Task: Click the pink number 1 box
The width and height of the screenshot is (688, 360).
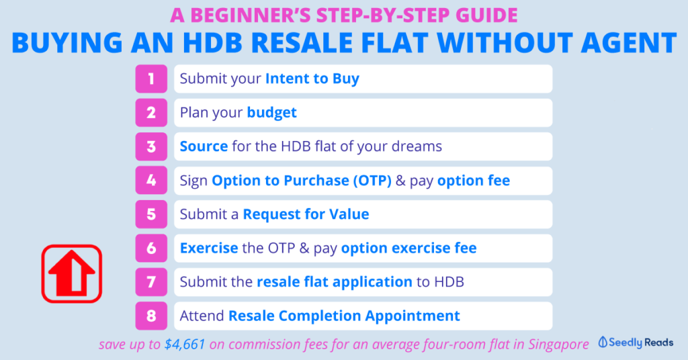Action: [x=151, y=79]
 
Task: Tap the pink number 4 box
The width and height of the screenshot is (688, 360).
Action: [x=151, y=180]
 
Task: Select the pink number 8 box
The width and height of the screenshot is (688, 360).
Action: [x=151, y=316]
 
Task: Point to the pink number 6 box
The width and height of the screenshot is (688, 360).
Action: [x=151, y=249]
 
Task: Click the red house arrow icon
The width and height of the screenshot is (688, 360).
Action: [x=72, y=273]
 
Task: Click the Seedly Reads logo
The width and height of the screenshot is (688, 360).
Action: [x=636, y=343]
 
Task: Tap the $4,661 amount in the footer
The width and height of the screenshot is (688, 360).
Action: [x=185, y=345]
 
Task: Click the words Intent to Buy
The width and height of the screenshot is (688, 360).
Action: [x=312, y=79]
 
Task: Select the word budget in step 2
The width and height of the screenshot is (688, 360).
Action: [x=271, y=113]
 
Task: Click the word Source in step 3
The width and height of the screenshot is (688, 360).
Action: [x=204, y=146]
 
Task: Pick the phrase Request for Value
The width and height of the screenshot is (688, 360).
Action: [x=306, y=214]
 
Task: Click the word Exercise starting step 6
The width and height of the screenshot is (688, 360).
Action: [x=209, y=249]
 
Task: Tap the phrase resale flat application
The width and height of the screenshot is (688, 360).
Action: [x=335, y=282]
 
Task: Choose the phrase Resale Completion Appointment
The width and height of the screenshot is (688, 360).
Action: [x=345, y=316]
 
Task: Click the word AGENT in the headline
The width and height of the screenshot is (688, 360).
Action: [x=628, y=42]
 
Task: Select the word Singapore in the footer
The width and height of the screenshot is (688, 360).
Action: [x=558, y=345]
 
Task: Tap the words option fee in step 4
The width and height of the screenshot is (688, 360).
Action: [x=474, y=180]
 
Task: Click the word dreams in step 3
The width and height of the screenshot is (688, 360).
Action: [x=417, y=146]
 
